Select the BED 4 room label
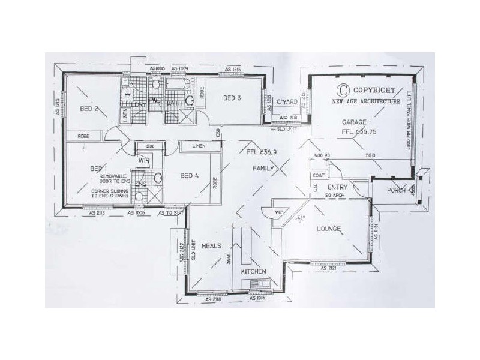tap(190, 175)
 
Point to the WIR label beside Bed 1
tap(144, 161)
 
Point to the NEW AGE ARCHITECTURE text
tap(366, 102)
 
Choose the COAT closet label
tap(317, 176)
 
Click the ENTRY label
tap(338, 187)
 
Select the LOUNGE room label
tap(329, 229)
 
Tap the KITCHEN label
tap(253, 272)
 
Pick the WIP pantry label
tap(279, 212)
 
